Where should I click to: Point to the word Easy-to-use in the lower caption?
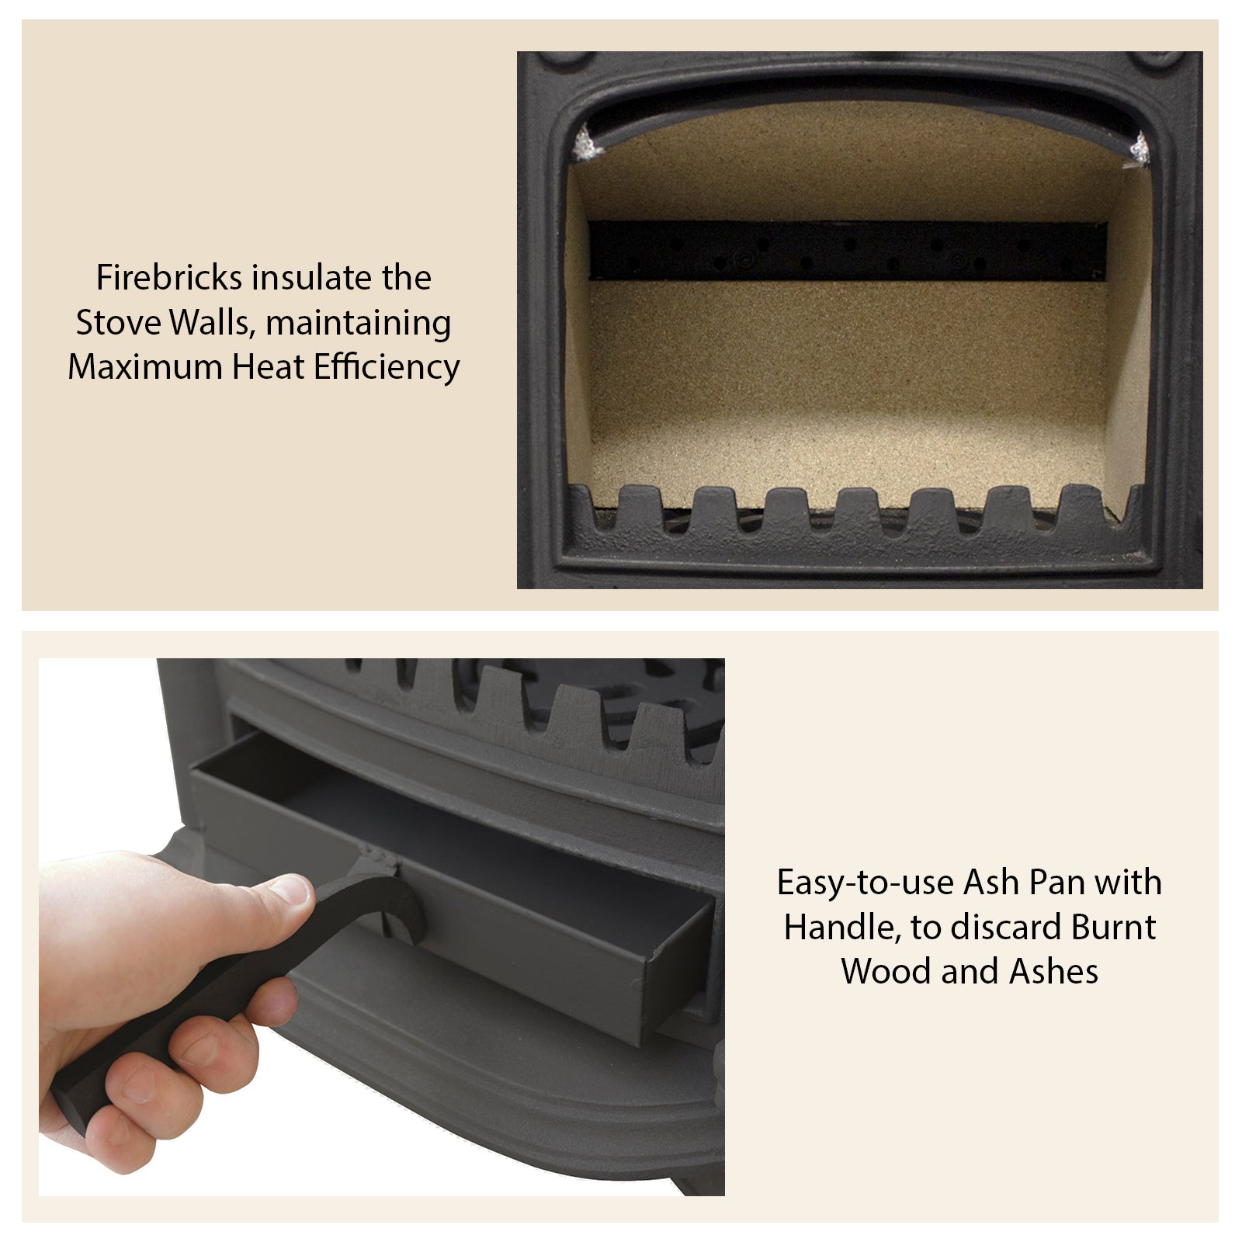[865, 883]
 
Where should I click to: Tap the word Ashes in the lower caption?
[1053, 972]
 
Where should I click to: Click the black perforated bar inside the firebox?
[847, 251]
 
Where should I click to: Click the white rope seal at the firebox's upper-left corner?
[582, 144]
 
